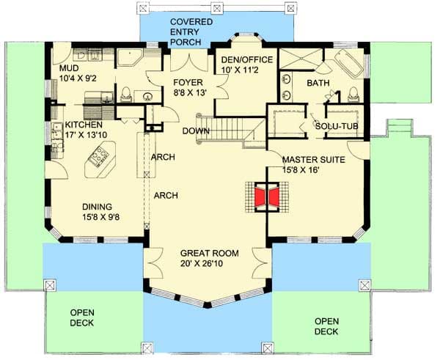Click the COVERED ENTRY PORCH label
(191, 32)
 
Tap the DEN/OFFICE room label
(247, 60)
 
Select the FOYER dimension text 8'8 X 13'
(190, 92)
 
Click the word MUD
(69, 68)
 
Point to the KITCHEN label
(84, 125)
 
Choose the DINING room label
(97, 207)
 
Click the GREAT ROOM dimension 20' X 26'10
(202, 264)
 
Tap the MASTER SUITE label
(313, 160)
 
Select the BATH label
(318, 83)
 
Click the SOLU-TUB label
(337, 126)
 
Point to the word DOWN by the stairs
(196, 131)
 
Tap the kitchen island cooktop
(98, 158)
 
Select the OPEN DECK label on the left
(82, 317)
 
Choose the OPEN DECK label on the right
(326, 326)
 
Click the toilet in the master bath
(353, 95)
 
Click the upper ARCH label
(163, 157)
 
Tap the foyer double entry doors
(189, 62)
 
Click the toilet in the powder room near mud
(126, 95)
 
